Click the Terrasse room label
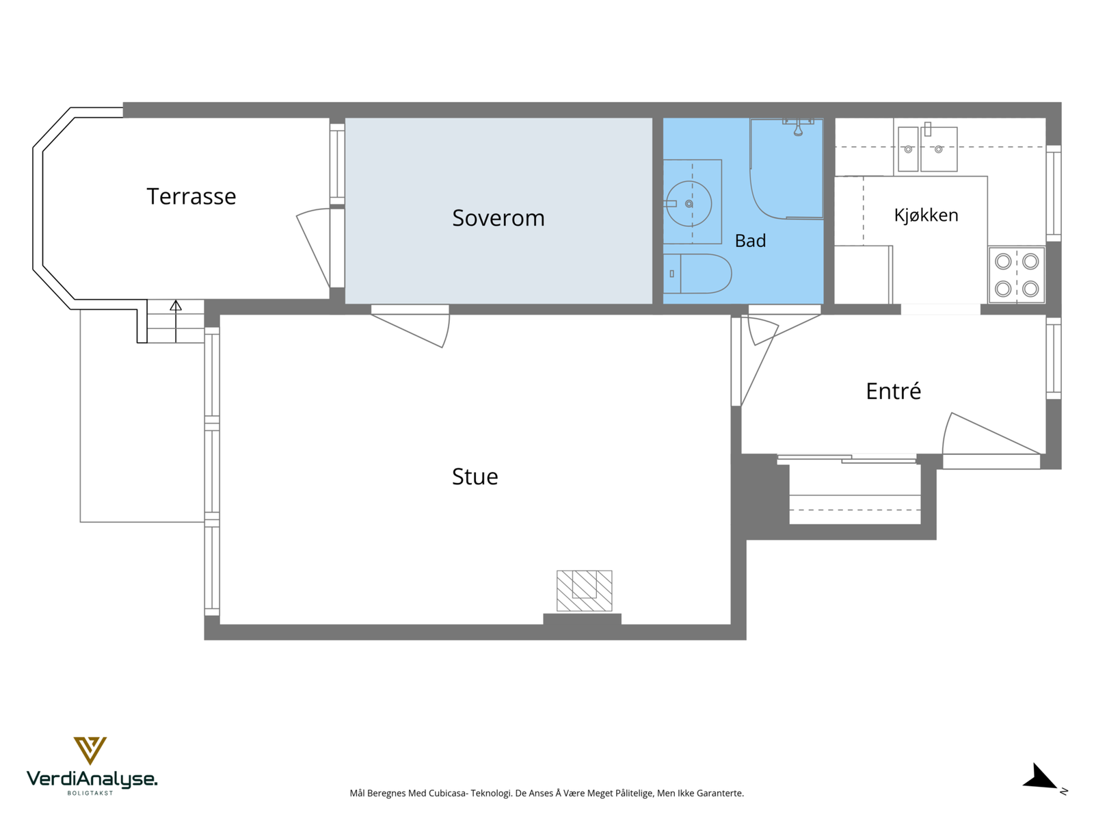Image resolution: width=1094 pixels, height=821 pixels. tap(191, 196)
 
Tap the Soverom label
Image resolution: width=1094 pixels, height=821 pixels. tap(498, 218)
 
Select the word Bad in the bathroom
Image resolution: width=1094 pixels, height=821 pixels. tap(750, 241)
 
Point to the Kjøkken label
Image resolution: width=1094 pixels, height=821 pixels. tap(926, 215)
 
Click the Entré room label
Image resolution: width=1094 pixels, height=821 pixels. tap(893, 391)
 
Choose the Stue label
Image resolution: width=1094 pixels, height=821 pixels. tap(475, 477)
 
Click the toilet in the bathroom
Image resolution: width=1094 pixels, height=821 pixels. tap(697, 274)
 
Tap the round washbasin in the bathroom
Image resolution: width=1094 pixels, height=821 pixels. tap(689, 203)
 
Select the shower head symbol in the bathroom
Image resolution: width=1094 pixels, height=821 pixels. tap(798, 128)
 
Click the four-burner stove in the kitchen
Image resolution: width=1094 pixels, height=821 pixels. tap(1016, 275)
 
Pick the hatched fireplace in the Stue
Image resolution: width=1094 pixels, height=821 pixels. tap(584, 590)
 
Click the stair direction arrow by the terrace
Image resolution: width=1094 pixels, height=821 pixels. tap(176, 321)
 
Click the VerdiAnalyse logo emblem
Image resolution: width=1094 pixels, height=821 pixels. tap(90, 751)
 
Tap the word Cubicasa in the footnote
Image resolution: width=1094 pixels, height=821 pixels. tap(447, 793)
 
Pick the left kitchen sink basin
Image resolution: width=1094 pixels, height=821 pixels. tap(907, 149)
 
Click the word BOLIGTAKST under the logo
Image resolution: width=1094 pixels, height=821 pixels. tap(90, 793)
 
